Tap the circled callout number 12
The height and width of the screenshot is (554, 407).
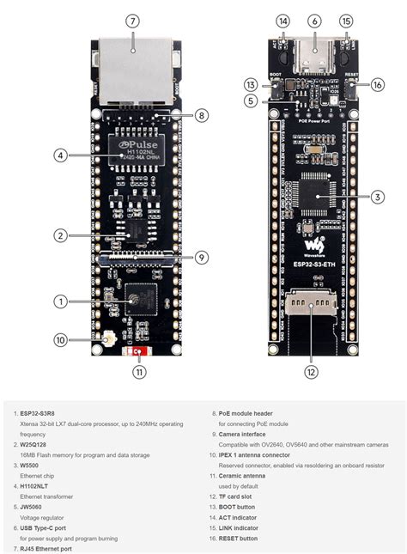[311, 372]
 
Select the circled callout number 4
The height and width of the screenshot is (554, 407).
[60, 156]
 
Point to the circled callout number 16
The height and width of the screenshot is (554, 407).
[378, 84]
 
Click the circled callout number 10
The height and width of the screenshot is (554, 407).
[60, 340]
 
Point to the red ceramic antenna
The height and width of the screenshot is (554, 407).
[136, 351]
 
